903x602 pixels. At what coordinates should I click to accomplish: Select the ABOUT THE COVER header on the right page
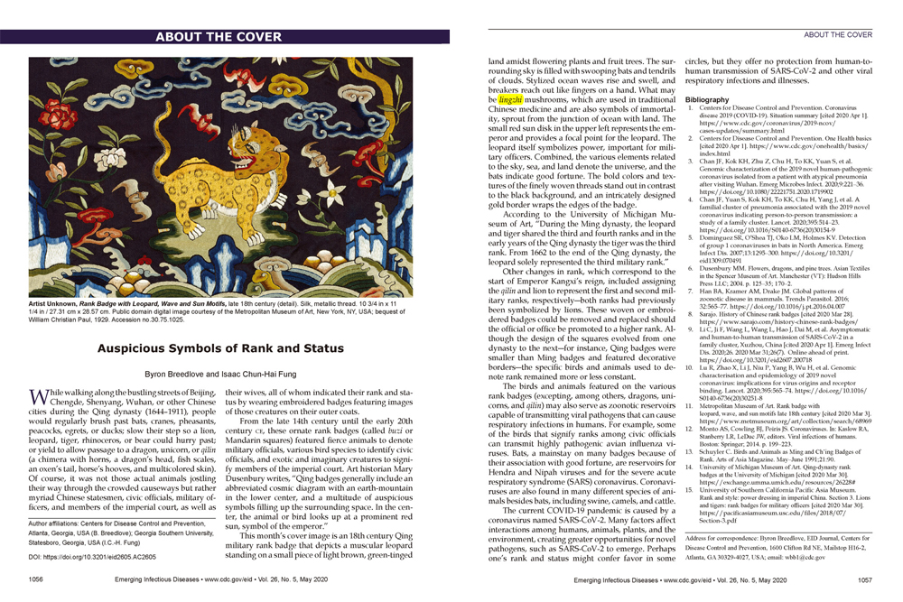[837, 34]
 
